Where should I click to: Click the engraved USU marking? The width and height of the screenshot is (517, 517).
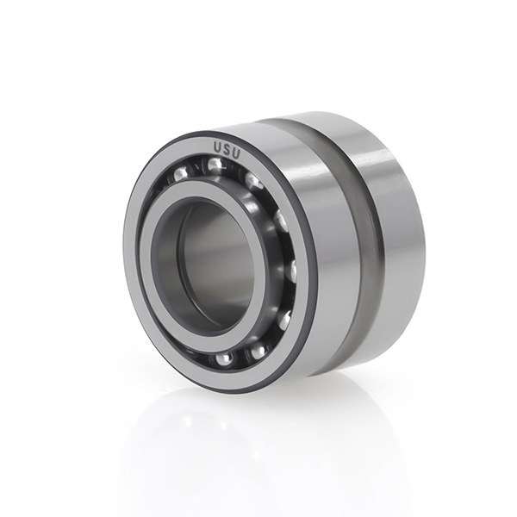tap(227, 150)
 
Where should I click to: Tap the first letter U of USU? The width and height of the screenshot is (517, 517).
tap(218, 147)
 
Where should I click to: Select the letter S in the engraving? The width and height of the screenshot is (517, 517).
tap(227, 150)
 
